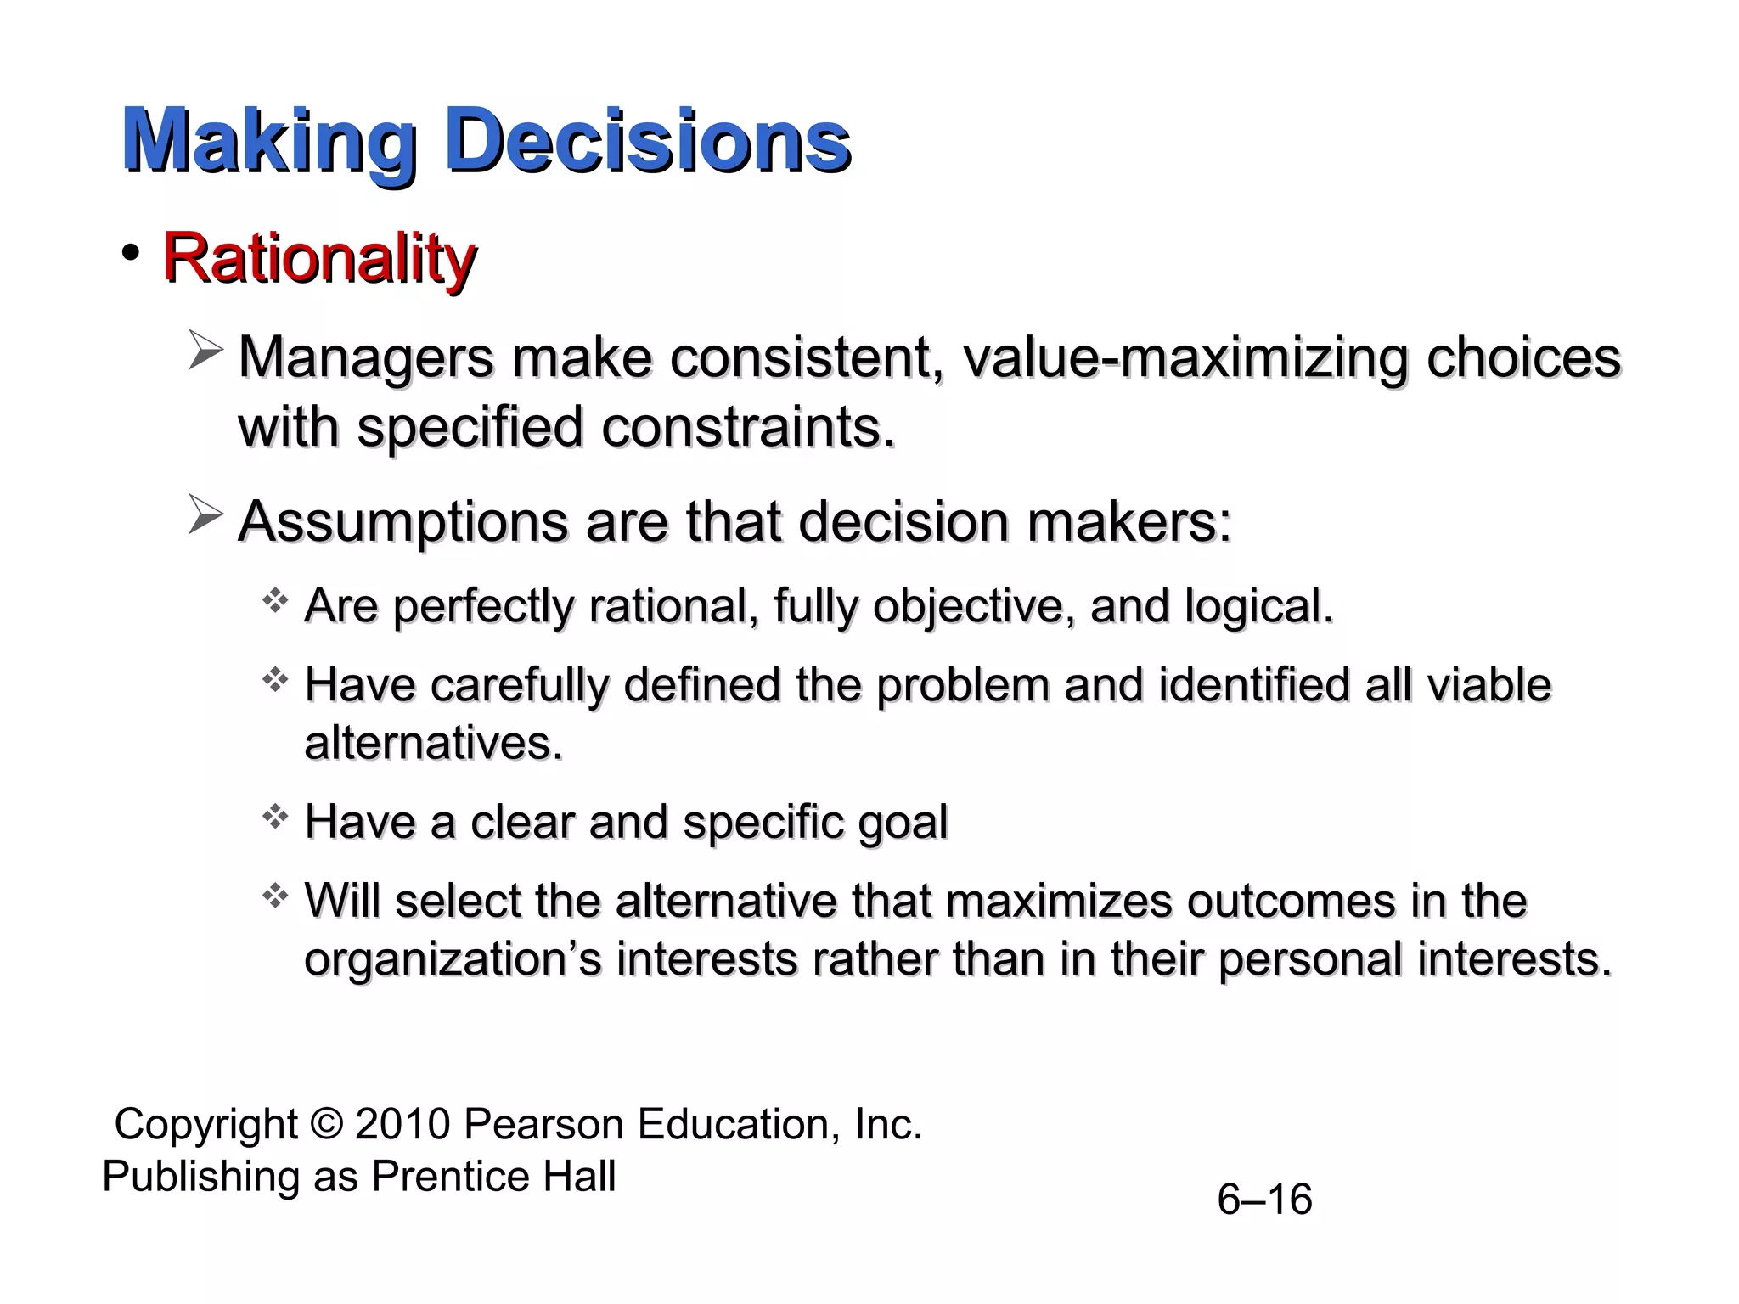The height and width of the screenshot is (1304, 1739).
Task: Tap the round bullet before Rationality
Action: pos(130,253)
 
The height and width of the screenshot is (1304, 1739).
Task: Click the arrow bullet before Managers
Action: pos(205,352)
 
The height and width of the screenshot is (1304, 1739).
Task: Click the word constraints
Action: pos(747,426)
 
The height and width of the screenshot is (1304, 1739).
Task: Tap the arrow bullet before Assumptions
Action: pos(205,515)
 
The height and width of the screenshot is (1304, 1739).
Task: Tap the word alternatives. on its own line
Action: pos(433,743)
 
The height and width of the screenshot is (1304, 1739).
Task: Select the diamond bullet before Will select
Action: pos(274,896)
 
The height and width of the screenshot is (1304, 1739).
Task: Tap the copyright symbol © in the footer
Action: pos(326,1124)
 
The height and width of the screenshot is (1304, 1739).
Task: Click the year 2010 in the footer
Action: pos(402,1124)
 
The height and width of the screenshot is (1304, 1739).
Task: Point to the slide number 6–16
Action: pos(1263,1200)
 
